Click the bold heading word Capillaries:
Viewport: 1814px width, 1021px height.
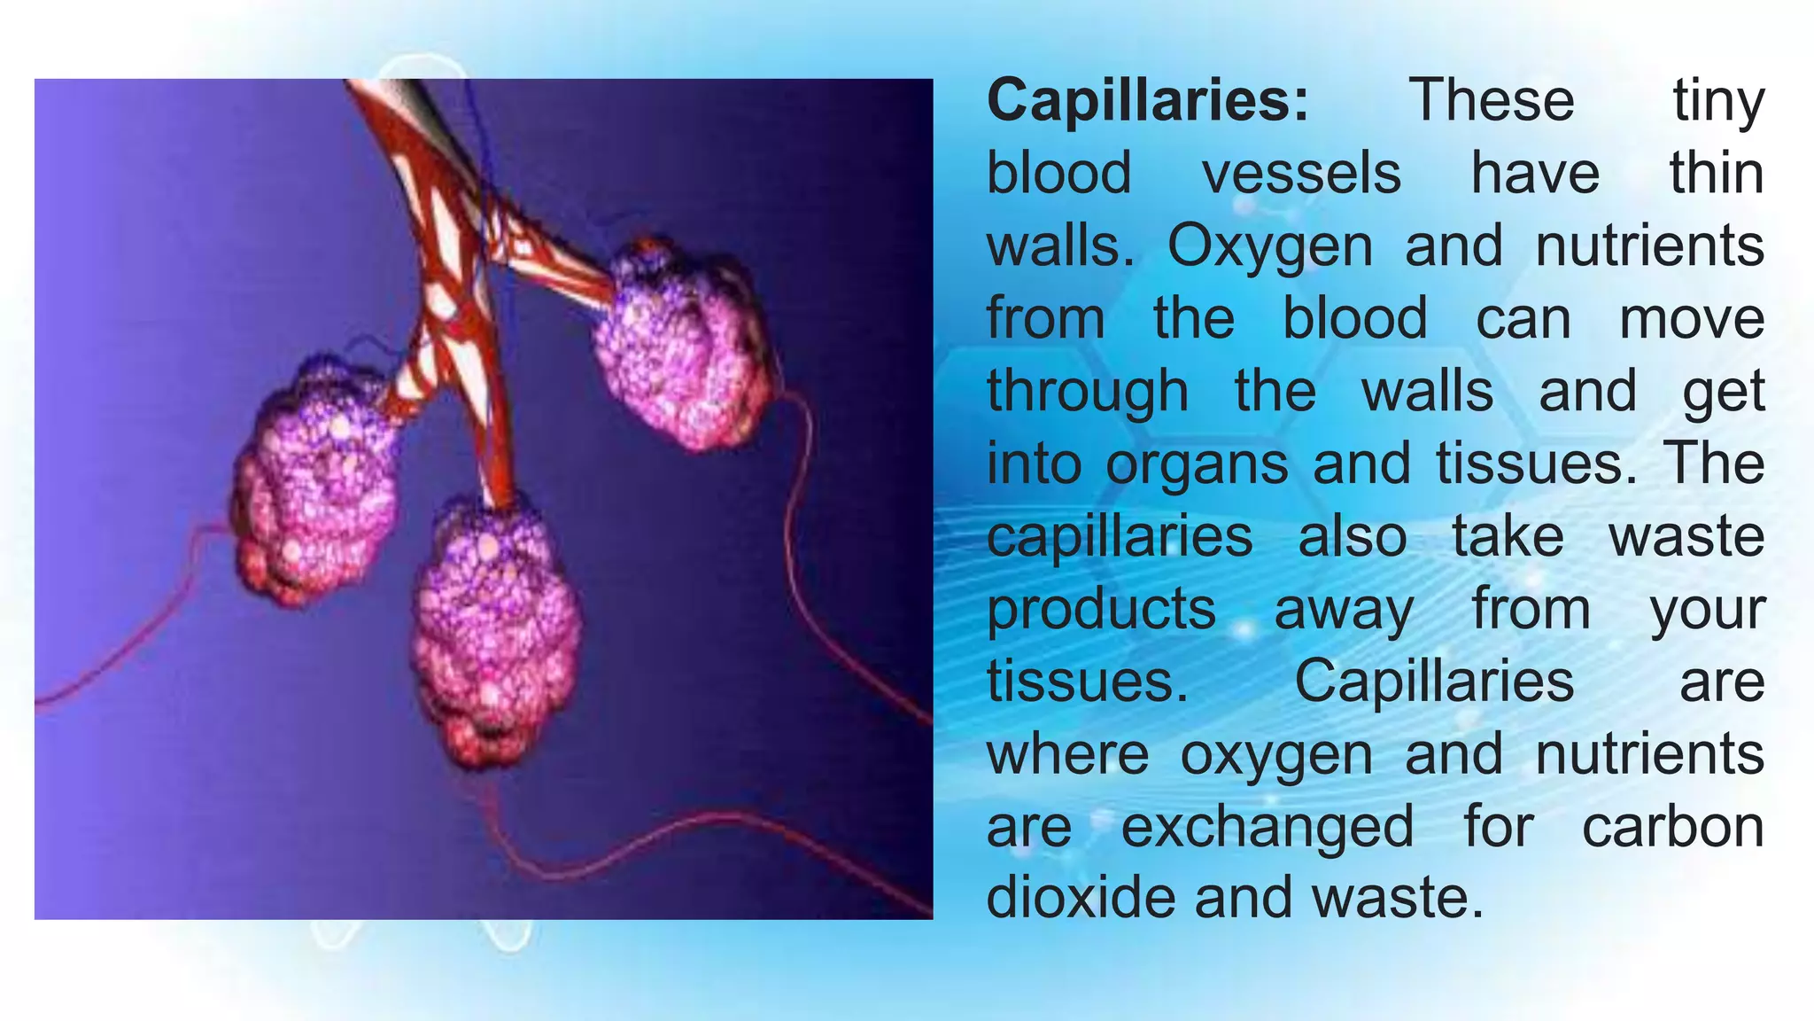click(x=1147, y=100)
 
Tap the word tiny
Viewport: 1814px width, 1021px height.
click(x=1717, y=102)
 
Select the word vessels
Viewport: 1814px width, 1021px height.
click(x=1301, y=173)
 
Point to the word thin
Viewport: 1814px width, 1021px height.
click(x=1717, y=173)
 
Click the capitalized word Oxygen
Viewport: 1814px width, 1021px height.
click(x=1269, y=247)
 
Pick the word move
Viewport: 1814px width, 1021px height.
click(x=1692, y=319)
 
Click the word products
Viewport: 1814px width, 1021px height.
click(x=1101, y=611)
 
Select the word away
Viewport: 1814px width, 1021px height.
click(x=1343, y=611)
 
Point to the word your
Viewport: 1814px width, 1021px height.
click(x=1708, y=611)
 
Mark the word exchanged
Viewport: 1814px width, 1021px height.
click(x=1267, y=829)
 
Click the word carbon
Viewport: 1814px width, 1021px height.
click(x=1672, y=827)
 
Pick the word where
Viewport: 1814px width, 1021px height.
click(x=1067, y=754)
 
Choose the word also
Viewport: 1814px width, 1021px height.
click(x=1352, y=537)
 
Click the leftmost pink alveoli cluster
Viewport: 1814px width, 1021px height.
click(x=314, y=483)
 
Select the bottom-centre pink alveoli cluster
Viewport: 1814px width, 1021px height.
click(x=496, y=629)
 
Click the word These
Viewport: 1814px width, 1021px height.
click(x=1491, y=100)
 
